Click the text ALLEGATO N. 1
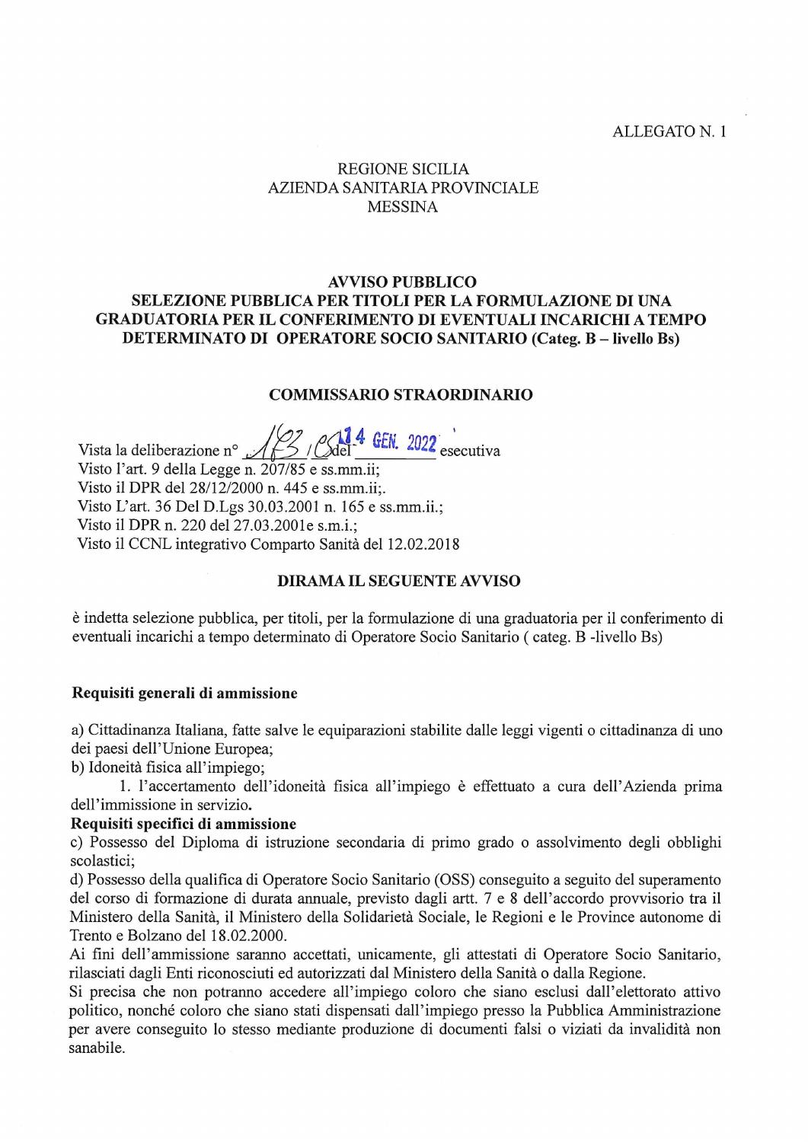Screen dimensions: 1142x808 (x=680, y=132)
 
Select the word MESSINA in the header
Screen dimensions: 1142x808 (x=403, y=207)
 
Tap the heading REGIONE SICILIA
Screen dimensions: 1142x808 (x=403, y=169)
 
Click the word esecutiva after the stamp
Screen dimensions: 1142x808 (x=470, y=451)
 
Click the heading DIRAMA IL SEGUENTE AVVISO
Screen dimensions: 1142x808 (x=398, y=581)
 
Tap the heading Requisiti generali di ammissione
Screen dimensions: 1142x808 (x=184, y=694)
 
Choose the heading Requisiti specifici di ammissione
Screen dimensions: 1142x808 (x=184, y=824)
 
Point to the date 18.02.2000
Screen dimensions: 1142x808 (x=235, y=936)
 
